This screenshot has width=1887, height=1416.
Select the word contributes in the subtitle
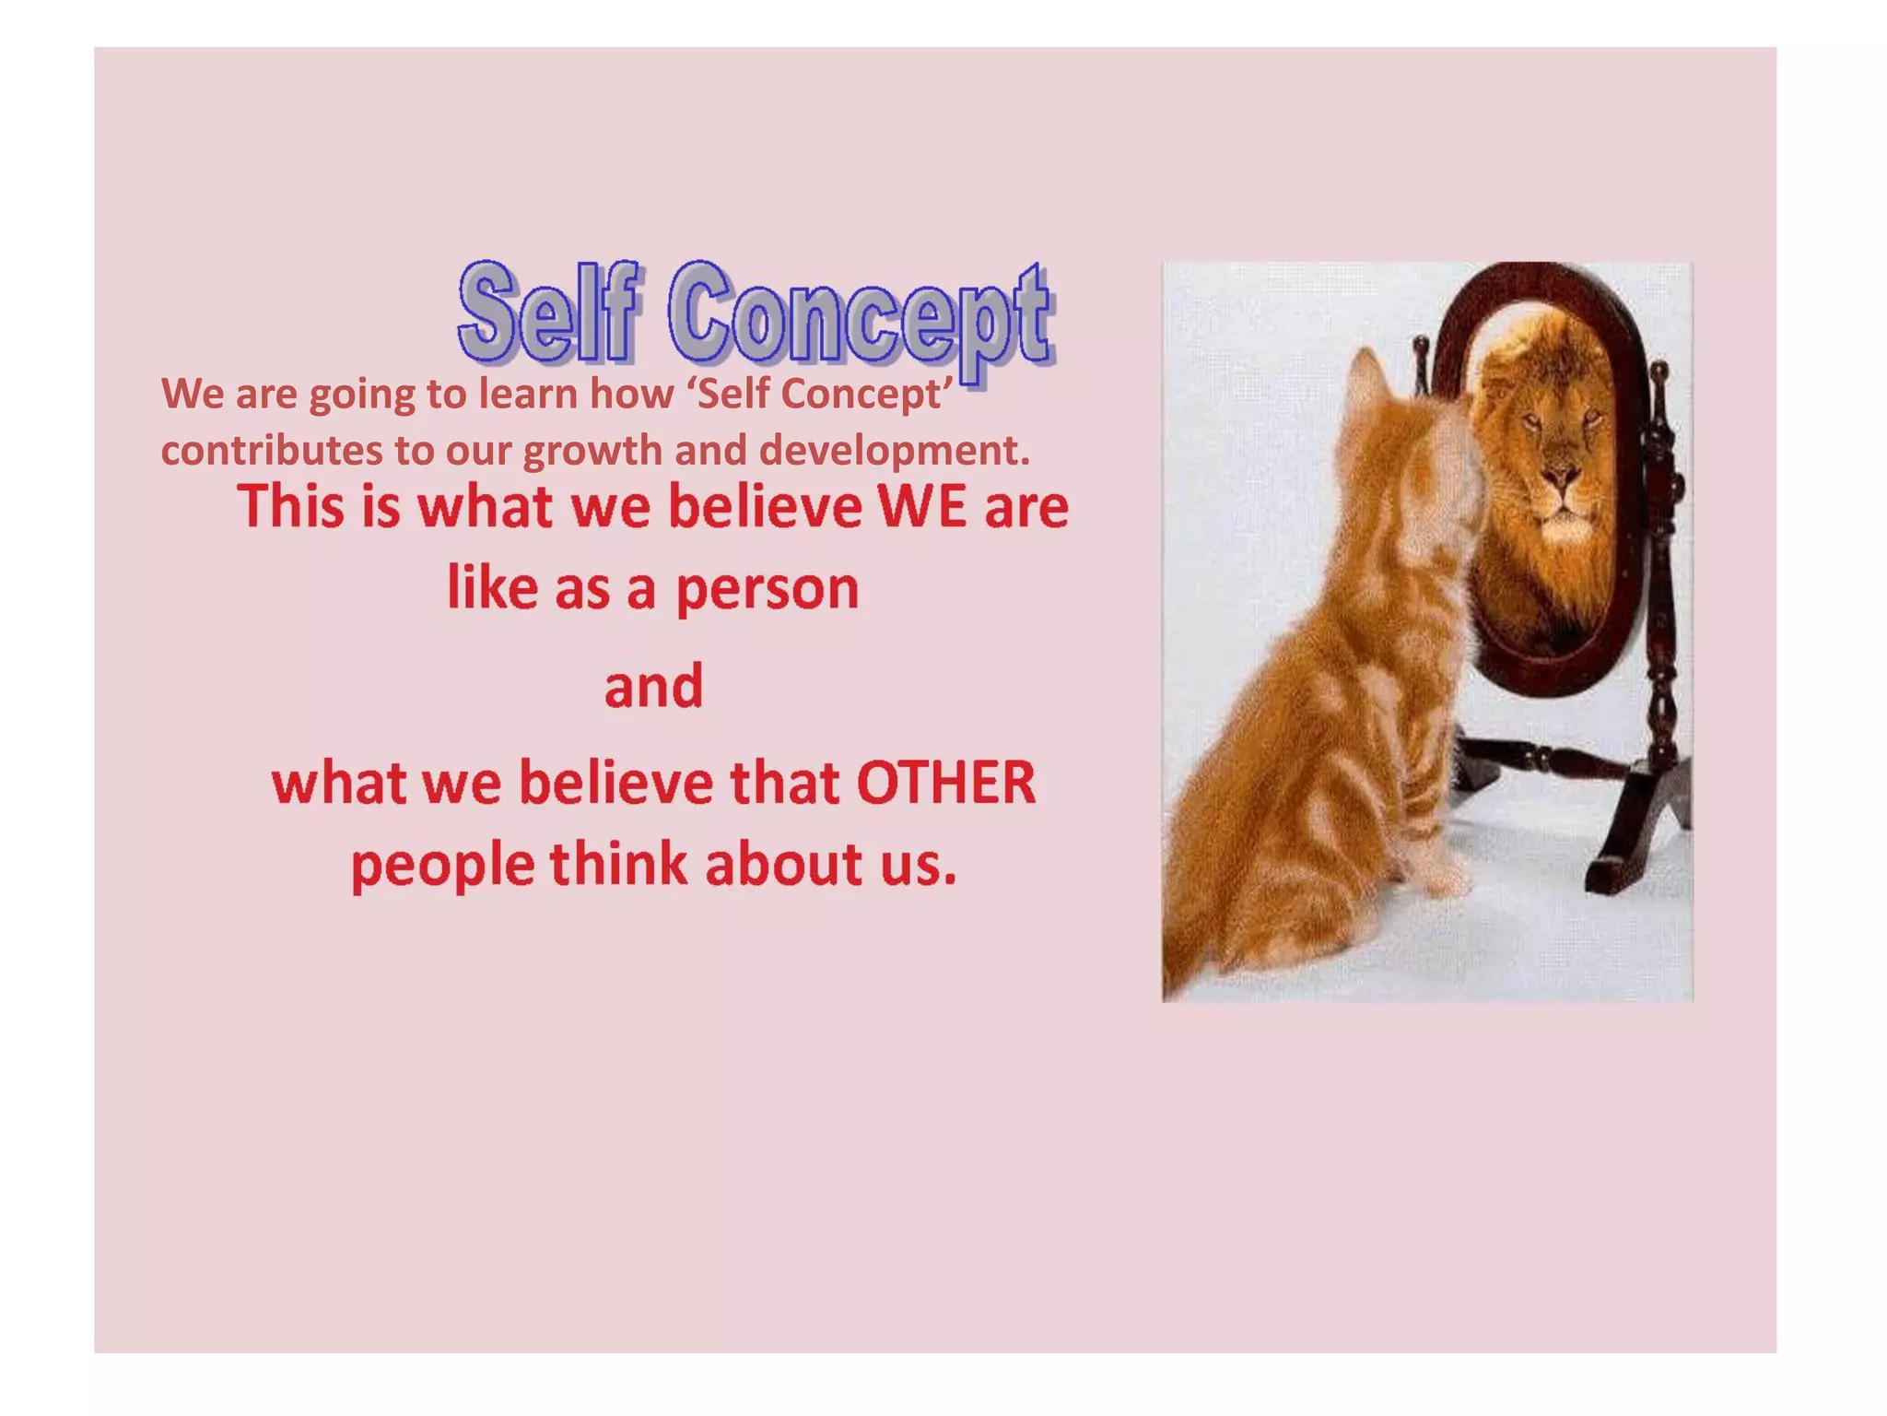272,451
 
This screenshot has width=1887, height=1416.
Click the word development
894,451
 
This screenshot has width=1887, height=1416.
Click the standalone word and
653,687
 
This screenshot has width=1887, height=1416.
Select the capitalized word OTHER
946,784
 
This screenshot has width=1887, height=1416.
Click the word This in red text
291,507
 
